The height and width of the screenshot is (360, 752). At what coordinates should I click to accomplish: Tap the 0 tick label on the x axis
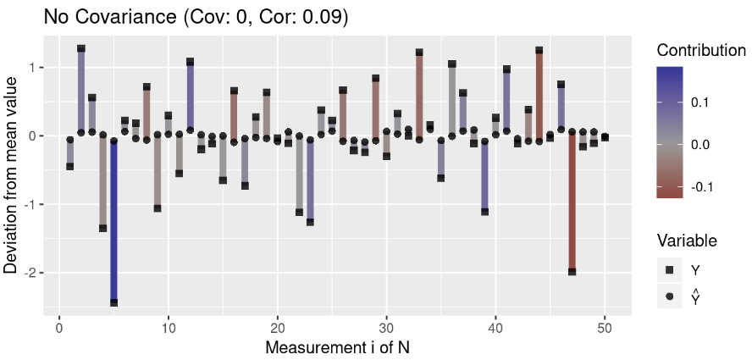(x=59, y=328)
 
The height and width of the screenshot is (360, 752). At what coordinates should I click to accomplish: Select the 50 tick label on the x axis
(x=605, y=328)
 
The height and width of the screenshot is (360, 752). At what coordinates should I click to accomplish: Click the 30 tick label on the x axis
(x=386, y=328)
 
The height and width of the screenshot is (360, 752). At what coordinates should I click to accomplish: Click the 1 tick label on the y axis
(x=32, y=67)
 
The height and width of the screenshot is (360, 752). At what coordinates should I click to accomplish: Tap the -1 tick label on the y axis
(x=30, y=204)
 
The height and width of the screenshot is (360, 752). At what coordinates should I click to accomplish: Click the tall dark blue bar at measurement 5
(x=113, y=220)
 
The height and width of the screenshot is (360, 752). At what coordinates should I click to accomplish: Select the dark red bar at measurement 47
(x=572, y=203)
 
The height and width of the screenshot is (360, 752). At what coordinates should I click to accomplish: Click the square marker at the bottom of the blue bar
(x=113, y=302)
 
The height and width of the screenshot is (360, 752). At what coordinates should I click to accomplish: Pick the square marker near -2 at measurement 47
(x=572, y=272)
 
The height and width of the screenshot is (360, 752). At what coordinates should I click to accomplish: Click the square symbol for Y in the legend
(x=669, y=269)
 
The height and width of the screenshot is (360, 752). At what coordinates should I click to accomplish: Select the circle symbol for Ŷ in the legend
(x=669, y=296)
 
